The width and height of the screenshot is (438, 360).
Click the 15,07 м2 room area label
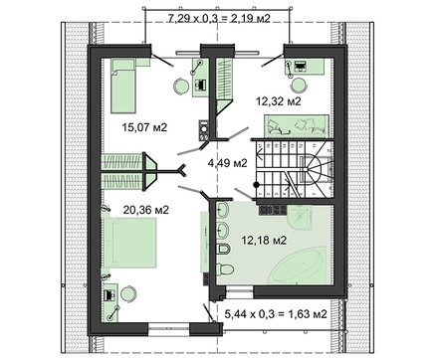(x=144, y=127)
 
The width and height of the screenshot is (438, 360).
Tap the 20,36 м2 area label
(x=146, y=210)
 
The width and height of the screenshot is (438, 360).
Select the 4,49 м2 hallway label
(x=227, y=163)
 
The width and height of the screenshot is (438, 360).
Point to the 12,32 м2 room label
(x=279, y=100)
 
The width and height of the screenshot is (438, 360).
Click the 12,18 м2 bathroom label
(x=264, y=240)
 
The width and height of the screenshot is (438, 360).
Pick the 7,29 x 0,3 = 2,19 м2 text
(x=219, y=18)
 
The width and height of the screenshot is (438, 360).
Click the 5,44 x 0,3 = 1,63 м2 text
(x=276, y=313)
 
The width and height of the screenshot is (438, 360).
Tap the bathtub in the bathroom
(x=297, y=268)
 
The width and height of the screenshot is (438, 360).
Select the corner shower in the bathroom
(x=300, y=218)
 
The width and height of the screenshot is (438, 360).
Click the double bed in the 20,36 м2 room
(x=130, y=243)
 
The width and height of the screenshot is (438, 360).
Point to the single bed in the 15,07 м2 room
(x=123, y=86)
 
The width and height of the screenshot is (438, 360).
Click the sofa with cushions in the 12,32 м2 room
(x=297, y=125)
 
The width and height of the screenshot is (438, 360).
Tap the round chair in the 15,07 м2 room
(x=181, y=87)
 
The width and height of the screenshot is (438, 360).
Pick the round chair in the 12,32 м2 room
(x=299, y=86)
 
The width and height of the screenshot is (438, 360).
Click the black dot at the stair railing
(x=256, y=185)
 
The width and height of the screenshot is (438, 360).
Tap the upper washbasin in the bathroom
(x=222, y=210)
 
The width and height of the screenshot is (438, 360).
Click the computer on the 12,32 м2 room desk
(x=301, y=66)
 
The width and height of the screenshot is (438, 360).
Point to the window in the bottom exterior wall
(x=168, y=327)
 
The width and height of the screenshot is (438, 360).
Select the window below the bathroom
(x=240, y=292)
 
